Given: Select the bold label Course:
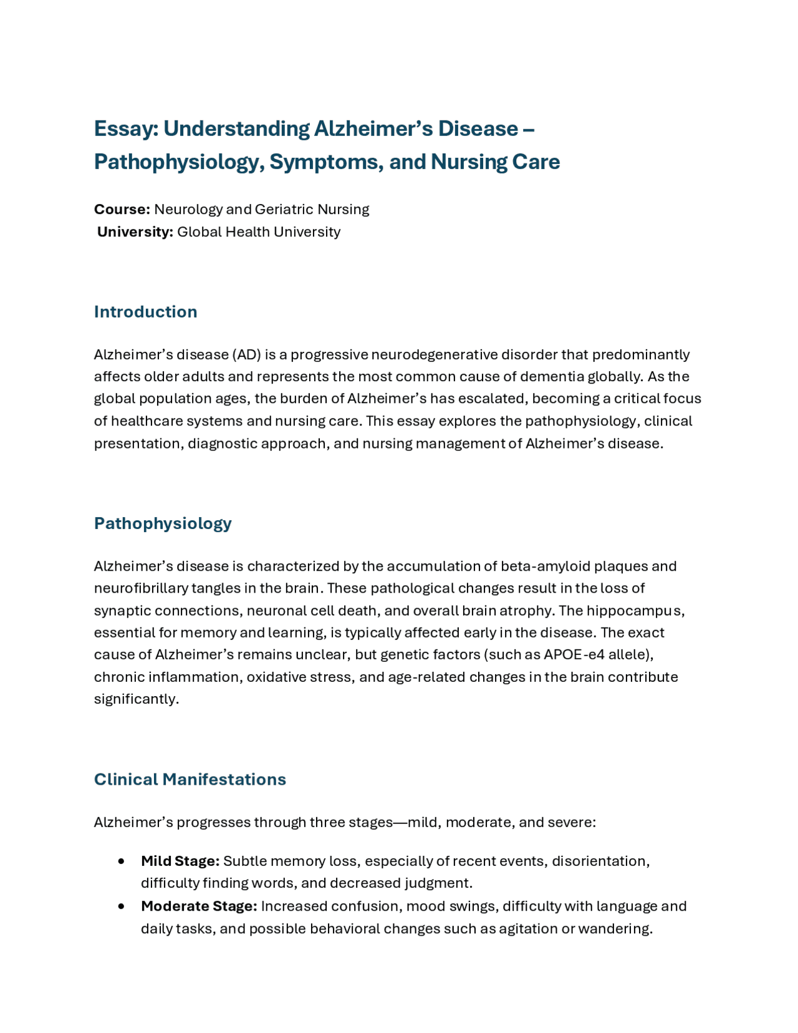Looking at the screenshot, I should pos(122,210).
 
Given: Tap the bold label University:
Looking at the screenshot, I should pos(135,232).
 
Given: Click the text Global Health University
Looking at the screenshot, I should pos(259,232).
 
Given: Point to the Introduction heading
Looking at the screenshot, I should pos(145,312).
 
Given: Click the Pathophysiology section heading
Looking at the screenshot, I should pos(163,523).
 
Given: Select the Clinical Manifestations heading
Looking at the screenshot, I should pos(190,780).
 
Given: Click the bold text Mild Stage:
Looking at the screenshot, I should pos(180,861).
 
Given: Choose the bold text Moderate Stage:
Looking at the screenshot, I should pos(199,906).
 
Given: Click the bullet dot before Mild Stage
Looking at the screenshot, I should pos(121,861).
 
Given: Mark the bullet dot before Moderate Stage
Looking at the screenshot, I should pos(121,906).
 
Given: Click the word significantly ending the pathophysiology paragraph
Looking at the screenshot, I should pos(135,699).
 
